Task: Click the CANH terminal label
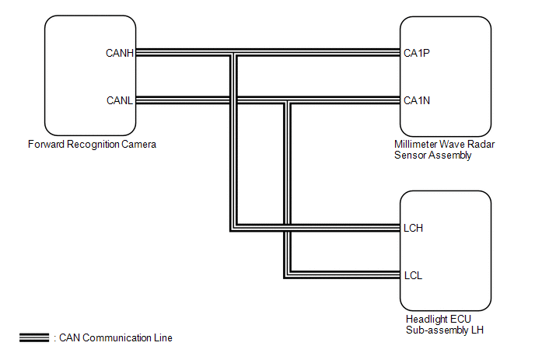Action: [120, 54]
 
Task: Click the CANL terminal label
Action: [120, 100]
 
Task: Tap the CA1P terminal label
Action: [417, 54]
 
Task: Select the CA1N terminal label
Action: [417, 100]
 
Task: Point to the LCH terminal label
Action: [413, 229]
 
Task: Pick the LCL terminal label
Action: [412, 275]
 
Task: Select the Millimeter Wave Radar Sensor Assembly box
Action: [445, 75]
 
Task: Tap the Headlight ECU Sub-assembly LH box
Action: [445, 250]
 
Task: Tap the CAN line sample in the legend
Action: [34, 338]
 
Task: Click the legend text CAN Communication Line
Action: [114, 338]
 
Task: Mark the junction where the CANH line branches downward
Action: [233, 54]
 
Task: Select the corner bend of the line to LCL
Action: [285, 275]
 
